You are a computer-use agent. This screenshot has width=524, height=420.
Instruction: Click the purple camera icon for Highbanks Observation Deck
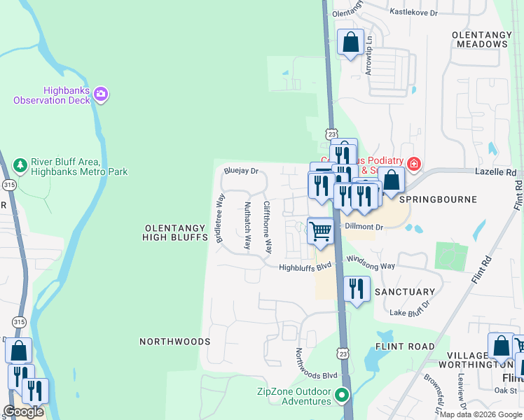[x=101, y=94]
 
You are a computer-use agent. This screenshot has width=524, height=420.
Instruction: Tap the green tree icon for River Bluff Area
[x=20, y=164]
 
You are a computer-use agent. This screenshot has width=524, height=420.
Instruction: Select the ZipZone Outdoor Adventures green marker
[x=342, y=395]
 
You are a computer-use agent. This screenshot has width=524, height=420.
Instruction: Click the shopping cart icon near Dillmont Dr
[x=321, y=230]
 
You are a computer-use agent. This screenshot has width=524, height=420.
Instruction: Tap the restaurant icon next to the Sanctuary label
[x=357, y=288]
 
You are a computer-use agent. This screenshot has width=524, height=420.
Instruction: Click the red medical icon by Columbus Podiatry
[x=414, y=164]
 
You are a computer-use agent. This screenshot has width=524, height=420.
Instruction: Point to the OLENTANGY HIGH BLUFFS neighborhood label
[x=177, y=232]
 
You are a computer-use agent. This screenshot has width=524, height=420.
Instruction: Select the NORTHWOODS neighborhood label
[x=174, y=342]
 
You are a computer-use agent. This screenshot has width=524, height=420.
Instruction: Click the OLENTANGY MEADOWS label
[x=479, y=38]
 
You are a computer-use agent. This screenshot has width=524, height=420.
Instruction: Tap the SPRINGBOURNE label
[x=438, y=199]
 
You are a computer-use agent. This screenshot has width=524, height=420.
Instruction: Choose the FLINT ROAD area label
[x=405, y=346]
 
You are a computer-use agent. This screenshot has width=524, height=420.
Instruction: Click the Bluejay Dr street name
[x=241, y=170]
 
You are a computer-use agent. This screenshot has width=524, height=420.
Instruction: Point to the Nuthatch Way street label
[x=247, y=225]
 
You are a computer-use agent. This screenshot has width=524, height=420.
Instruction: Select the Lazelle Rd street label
[x=495, y=171]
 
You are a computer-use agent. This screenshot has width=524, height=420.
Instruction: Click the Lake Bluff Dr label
[x=408, y=312]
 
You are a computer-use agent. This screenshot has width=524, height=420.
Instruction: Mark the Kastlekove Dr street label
[x=413, y=13]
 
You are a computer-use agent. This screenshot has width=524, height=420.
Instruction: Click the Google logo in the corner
[x=23, y=412]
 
